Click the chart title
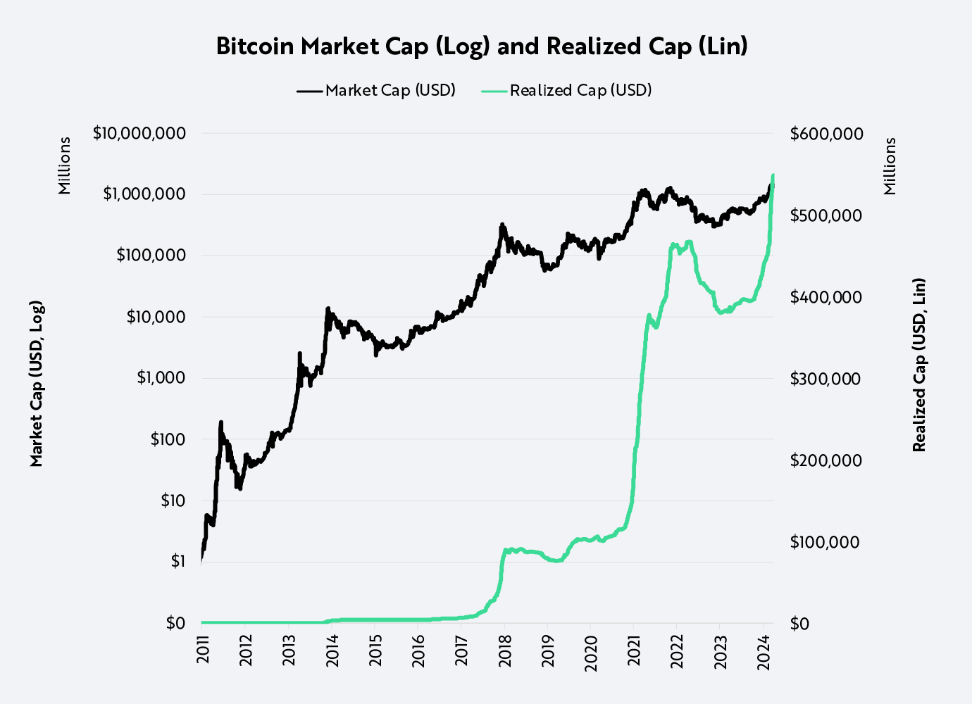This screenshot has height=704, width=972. (482, 46)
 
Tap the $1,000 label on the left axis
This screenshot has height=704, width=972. (161, 378)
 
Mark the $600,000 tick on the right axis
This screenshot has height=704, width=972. (826, 134)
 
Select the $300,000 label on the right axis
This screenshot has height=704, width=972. (825, 379)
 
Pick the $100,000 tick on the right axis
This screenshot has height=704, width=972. (825, 542)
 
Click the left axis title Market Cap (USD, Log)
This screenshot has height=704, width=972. (37, 384)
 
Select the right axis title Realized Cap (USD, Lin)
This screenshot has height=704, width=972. (919, 365)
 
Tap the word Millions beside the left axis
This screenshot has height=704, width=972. (65, 165)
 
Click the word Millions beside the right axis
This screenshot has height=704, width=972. (890, 165)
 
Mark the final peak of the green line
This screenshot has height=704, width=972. (773, 175)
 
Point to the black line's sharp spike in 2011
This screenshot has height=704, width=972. (221, 422)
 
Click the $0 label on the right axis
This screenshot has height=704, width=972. (799, 624)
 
